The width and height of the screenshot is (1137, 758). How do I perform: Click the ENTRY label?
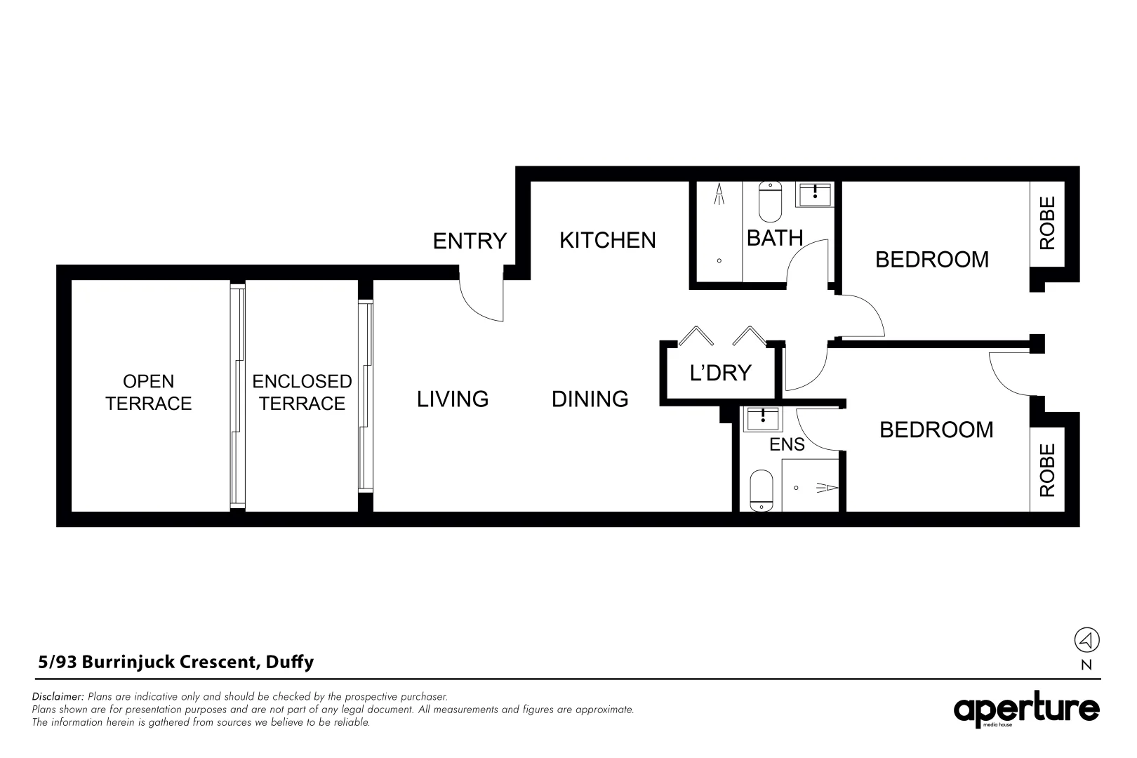coord(470,241)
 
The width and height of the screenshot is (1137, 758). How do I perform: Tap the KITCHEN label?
coord(607,240)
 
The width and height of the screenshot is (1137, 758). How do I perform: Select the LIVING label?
coord(453,399)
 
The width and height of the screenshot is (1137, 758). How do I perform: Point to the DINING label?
coord(590,399)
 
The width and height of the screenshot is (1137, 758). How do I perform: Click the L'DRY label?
coord(720,373)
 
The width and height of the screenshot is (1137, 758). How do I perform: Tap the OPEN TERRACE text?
coord(148,392)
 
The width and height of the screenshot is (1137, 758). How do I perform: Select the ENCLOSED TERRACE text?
coord(302,392)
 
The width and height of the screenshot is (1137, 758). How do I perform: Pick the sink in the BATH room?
coord(814,194)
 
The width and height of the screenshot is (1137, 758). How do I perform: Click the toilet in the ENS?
coord(761,491)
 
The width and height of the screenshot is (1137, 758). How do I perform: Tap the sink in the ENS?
coord(761,419)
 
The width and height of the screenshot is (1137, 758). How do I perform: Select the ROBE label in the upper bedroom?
coord(1046,223)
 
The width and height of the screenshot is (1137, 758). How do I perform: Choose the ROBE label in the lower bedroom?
coord(1046,471)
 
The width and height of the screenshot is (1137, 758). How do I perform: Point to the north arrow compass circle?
coord(1086,640)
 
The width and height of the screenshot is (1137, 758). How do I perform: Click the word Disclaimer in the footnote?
coord(58,697)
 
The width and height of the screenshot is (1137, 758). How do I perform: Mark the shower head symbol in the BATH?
coord(719,194)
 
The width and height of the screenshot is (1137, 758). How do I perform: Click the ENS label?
coord(787,444)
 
